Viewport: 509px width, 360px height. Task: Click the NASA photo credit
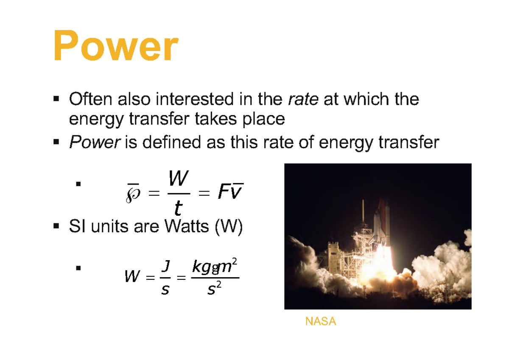point(320,322)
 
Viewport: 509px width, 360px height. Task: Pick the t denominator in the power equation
point(178,208)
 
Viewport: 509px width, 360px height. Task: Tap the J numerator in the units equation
point(165,267)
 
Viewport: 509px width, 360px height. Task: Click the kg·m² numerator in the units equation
point(215,267)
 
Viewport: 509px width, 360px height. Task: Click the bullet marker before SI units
point(56,227)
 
